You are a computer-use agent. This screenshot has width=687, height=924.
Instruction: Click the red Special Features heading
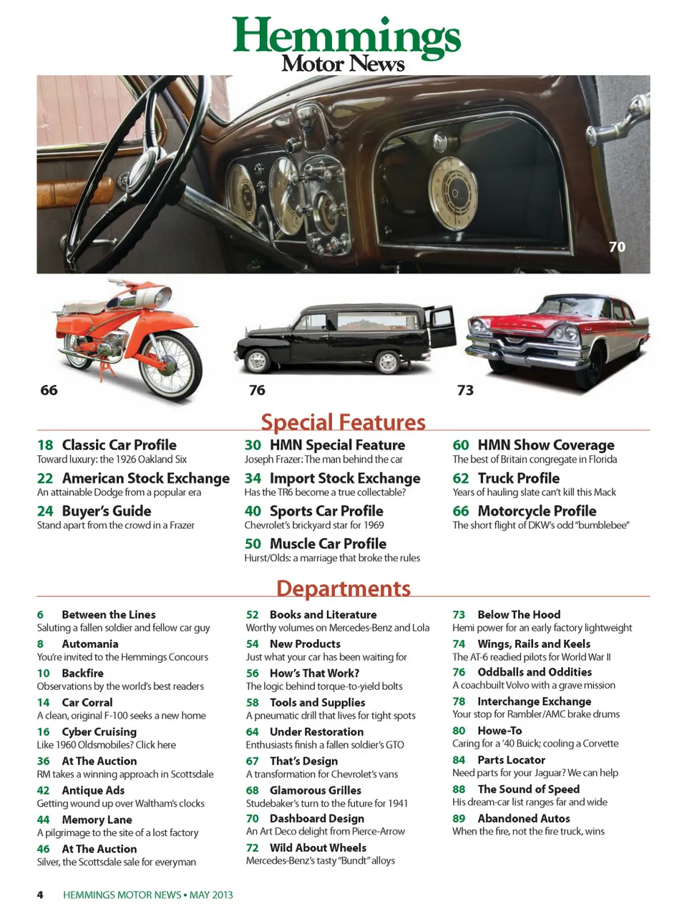343,422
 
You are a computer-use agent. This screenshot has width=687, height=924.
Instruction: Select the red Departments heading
343,588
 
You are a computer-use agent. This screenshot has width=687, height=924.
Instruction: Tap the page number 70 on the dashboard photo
617,247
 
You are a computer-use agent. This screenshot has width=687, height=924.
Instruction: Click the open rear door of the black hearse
441,326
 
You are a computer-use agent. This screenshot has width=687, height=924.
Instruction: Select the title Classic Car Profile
119,444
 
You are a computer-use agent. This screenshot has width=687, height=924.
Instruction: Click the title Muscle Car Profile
328,543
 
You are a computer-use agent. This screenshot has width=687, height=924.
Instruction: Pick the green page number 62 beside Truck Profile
461,478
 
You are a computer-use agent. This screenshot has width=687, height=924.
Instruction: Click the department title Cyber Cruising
99,731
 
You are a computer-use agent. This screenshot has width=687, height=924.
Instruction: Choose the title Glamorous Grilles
315,790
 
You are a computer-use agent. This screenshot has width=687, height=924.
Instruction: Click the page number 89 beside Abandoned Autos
459,818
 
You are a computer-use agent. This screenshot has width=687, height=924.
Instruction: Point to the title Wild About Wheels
318,847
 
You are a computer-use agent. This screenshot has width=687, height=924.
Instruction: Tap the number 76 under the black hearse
257,390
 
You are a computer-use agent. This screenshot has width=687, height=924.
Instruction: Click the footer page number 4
40,895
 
